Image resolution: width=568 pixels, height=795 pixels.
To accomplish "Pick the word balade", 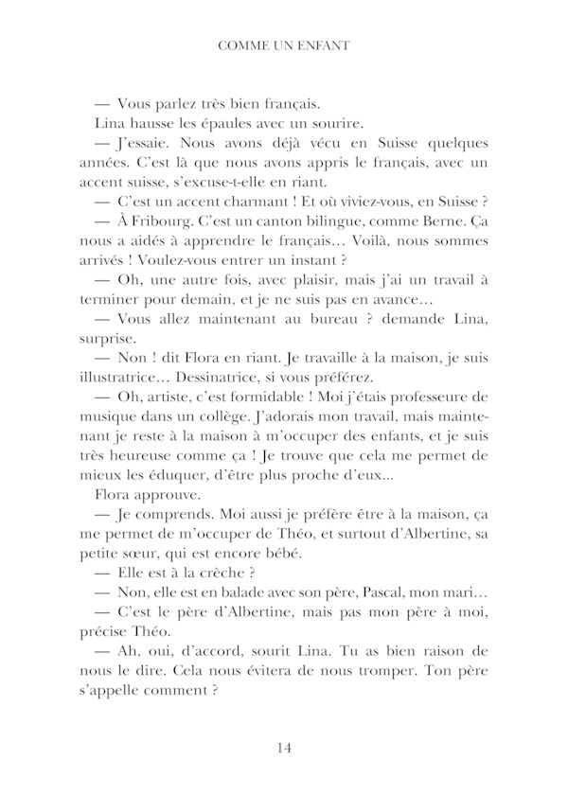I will point(231,599).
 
